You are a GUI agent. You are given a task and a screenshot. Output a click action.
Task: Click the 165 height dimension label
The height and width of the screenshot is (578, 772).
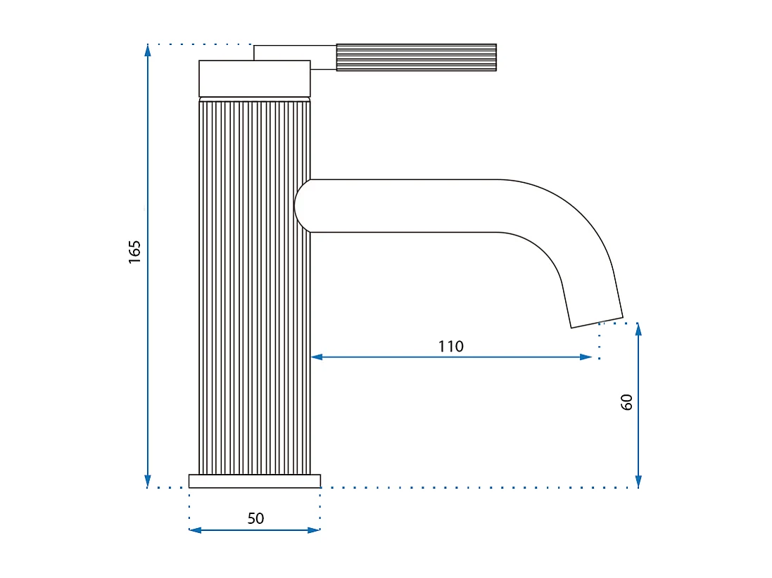point(135,252)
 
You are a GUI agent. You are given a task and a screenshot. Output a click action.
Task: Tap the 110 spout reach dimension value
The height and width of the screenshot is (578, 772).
point(450,346)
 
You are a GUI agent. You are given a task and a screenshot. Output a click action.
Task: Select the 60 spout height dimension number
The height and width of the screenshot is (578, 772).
point(627,402)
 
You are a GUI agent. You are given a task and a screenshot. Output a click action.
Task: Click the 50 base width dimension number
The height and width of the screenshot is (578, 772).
point(255,518)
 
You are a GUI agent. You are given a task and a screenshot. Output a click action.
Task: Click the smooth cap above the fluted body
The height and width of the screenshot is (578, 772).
point(254,78)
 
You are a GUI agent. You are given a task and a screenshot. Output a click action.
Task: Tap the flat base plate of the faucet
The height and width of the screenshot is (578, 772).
point(254,481)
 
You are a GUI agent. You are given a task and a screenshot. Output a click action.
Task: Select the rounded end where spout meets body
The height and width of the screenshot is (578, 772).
point(301,205)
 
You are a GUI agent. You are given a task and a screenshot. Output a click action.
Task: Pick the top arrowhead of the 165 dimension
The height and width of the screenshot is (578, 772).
point(148,50)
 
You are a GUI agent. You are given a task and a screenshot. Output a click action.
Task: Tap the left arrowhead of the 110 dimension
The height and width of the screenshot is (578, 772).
point(317,357)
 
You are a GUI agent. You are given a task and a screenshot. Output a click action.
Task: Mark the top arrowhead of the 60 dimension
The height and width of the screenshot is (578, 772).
point(638,328)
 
